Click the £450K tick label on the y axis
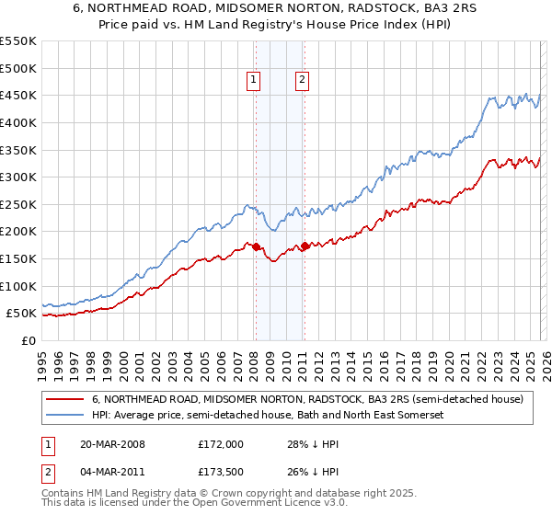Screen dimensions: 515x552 coord(18,95)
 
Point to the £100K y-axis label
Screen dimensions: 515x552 coord(18,286)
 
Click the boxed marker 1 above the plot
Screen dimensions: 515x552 coord(253,81)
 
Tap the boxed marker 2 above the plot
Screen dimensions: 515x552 coord(302,81)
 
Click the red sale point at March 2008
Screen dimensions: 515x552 coord(257,246)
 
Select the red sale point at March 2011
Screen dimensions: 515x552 coord(305,246)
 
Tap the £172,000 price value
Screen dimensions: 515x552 coord(220,444)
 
